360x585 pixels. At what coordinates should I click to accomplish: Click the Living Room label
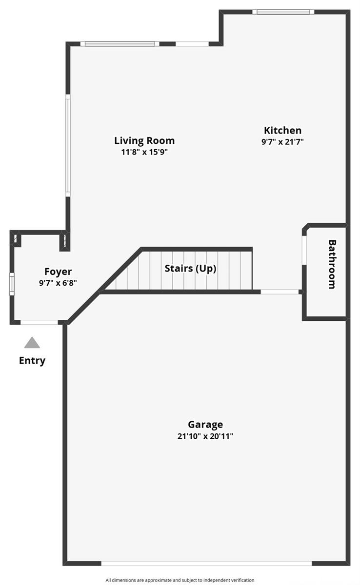click(144, 140)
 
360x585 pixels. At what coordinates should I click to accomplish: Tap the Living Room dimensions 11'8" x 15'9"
click(144, 152)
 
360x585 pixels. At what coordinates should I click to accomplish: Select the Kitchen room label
click(282, 130)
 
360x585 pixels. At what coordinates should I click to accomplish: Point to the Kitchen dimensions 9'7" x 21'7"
click(282, 142)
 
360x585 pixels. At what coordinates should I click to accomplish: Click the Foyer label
click(58, 272)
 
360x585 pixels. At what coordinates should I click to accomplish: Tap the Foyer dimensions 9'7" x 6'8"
click(58, 283)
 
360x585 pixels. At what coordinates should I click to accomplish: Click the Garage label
click(205, 425)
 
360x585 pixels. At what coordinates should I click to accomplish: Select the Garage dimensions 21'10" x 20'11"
click(205, 436)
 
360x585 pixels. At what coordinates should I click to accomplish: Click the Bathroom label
click(332, 264)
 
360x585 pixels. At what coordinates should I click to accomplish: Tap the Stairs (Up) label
click(190, 269)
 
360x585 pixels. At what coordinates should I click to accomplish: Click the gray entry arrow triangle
click(32, 342)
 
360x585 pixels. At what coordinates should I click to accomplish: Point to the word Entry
click(32, 361)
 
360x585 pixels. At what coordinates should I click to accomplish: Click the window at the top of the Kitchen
click(283, 12)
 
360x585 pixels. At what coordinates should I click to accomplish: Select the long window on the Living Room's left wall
click(68, 145)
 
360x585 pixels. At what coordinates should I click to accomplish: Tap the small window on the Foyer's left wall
click(12, 284)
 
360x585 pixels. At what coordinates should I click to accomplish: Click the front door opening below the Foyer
click(39, 323)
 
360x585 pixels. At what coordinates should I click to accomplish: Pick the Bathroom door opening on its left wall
click(304, 250)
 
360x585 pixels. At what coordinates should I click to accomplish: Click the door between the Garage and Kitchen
click(280, 292)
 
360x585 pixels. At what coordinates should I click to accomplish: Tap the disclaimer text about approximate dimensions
click(180, 580)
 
